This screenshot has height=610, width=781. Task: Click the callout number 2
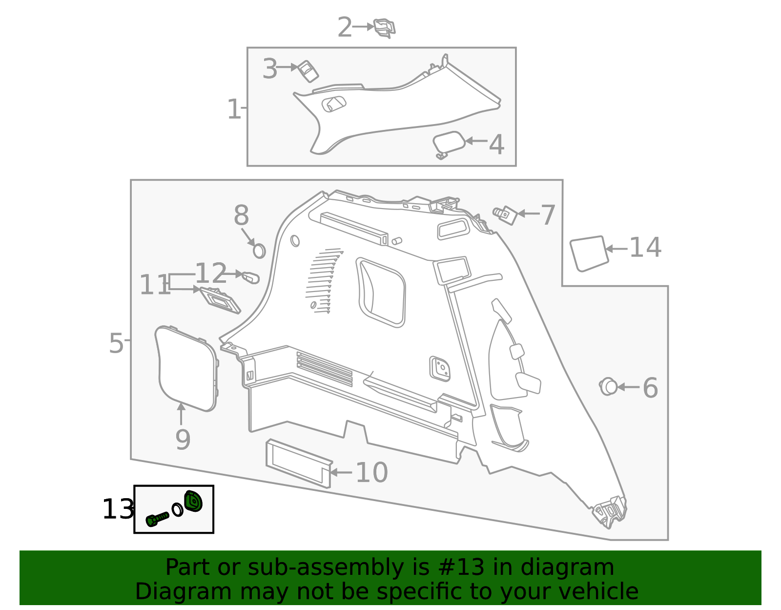345,28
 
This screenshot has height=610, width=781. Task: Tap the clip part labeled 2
384,28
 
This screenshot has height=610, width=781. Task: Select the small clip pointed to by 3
308,71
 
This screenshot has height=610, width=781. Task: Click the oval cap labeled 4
448,142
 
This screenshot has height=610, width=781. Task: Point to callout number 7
548,215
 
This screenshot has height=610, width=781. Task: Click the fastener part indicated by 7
506,214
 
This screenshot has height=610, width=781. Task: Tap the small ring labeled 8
259,251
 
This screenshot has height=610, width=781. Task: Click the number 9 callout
183,440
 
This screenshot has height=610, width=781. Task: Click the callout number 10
372,473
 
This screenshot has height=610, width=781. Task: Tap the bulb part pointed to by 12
250,277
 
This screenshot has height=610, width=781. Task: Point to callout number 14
645,248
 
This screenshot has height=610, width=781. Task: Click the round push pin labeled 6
608,386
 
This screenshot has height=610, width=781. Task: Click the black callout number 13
118,510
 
